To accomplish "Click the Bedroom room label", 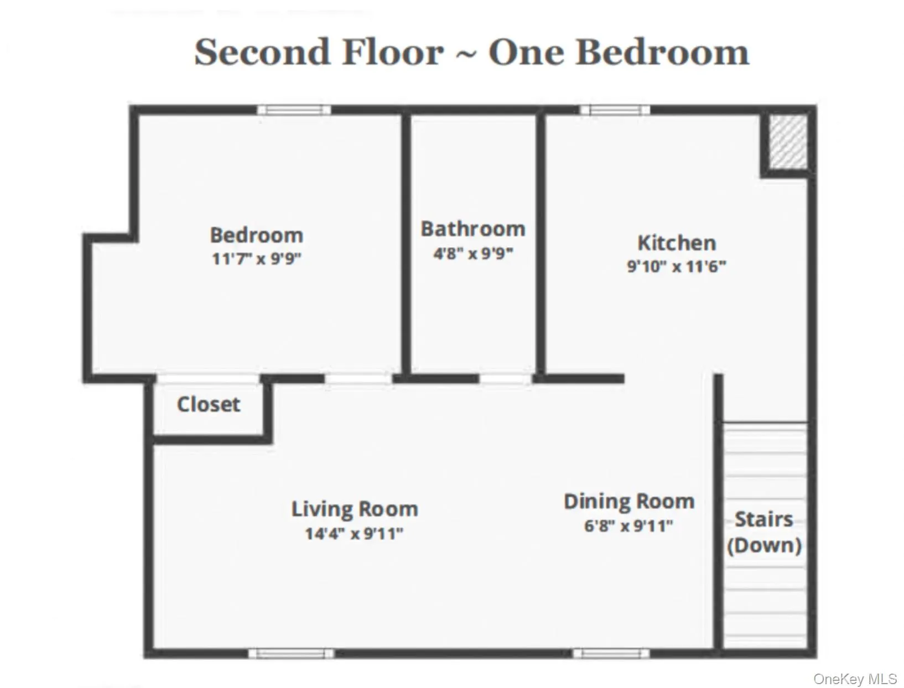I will coord(256,235).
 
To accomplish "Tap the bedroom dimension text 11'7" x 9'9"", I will coord(256,258).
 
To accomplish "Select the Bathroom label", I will coord(472,229).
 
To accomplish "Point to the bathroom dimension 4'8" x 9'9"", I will coord(472,254).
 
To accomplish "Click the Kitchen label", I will coord(676,243).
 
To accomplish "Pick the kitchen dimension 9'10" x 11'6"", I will coord(676,266).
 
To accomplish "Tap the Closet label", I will coord(208,404).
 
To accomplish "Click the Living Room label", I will coord(354,509).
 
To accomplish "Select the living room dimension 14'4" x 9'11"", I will coord(354,534).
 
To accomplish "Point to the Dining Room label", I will coord(628,502).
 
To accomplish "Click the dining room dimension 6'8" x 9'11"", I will coord(628,525).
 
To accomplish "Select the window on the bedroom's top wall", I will coord(294,110).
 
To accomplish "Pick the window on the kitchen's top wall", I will coord(614,110).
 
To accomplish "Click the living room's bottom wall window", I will coord(291,653).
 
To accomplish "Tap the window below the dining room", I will coord(610,653).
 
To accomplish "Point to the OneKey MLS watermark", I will coord(855,679).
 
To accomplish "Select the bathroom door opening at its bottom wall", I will coord(505,379).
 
